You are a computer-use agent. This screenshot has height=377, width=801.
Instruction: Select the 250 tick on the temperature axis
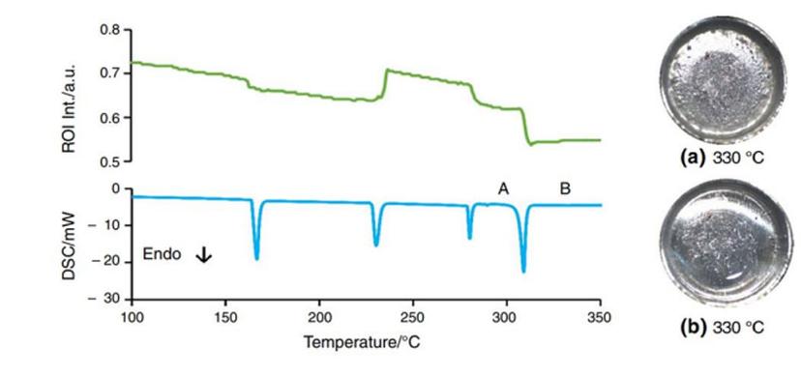pos(412,316)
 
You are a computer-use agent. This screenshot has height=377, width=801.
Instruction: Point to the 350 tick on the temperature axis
pos(600,316)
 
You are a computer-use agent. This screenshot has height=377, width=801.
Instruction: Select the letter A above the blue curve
pos(503,188)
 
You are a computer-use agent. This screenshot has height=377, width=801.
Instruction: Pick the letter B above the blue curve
pos(565,188)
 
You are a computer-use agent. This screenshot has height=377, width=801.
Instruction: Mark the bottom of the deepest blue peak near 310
pos(523,272)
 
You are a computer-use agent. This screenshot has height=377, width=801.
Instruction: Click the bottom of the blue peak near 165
pos(256,258)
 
